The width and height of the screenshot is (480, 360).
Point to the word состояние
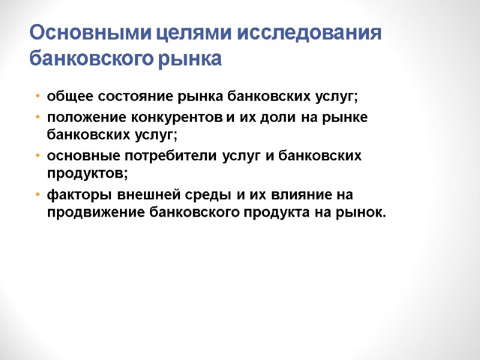(x=130, y=96)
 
